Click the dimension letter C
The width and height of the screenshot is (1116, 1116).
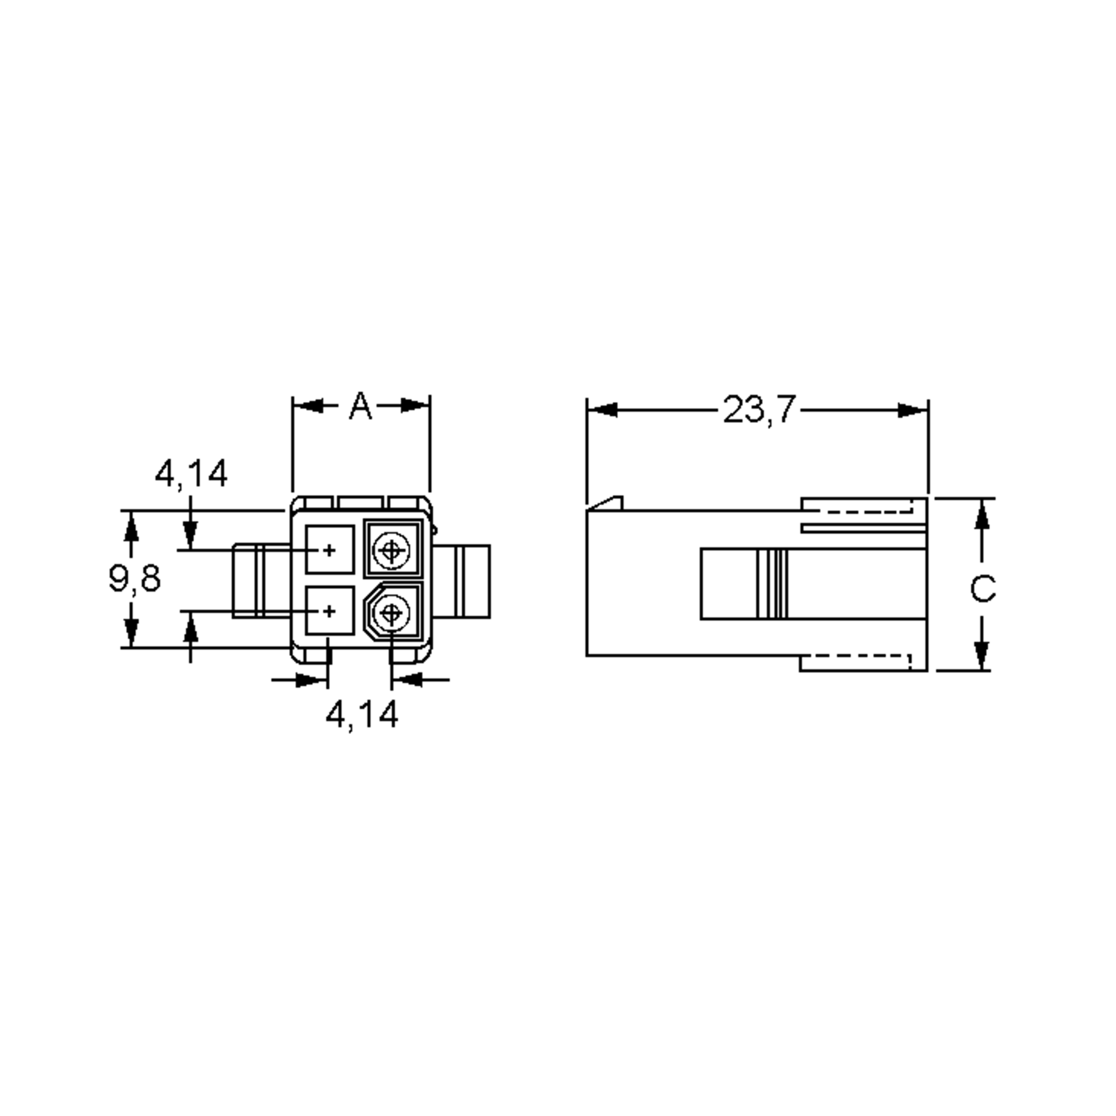point(982,589)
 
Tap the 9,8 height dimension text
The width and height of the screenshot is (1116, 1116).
point(134,578)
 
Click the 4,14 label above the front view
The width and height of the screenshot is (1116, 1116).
point(191,474)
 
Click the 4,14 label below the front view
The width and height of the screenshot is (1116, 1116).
point(362,715)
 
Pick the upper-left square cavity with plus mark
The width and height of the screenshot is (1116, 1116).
point(329,549)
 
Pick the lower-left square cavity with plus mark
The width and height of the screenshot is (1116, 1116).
point(329,611)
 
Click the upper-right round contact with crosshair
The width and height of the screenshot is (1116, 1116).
point(391,549)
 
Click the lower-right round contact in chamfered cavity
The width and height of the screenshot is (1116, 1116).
point(391,612)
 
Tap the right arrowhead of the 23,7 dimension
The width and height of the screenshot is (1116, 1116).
point(913,410)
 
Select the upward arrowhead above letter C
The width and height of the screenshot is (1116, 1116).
point(982,515)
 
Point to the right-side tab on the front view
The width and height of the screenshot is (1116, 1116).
point(462,581)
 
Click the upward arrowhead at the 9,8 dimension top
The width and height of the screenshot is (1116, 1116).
point(132,526)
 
